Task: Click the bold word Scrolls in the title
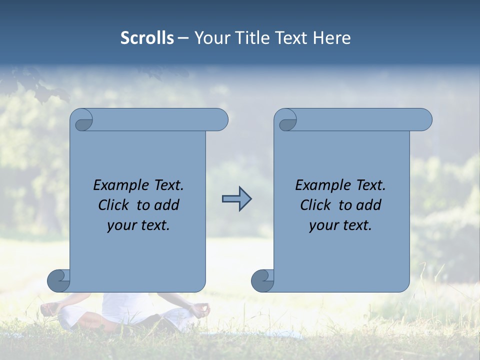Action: pyautogui.click(x=147, y=38)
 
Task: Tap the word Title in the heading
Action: pyautogui.click(x=250, y=38)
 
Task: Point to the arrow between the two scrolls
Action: pyautogui.click(x=236, y=199)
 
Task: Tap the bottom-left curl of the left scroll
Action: pyautogui.click(x=59, y=281)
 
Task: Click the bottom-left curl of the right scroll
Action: pyautogui.click(x=263, y=281)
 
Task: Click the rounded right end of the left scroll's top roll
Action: pyautogui.click(x=219, y=120)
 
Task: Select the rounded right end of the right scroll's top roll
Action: pyautogui.click(x=423, y=120)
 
